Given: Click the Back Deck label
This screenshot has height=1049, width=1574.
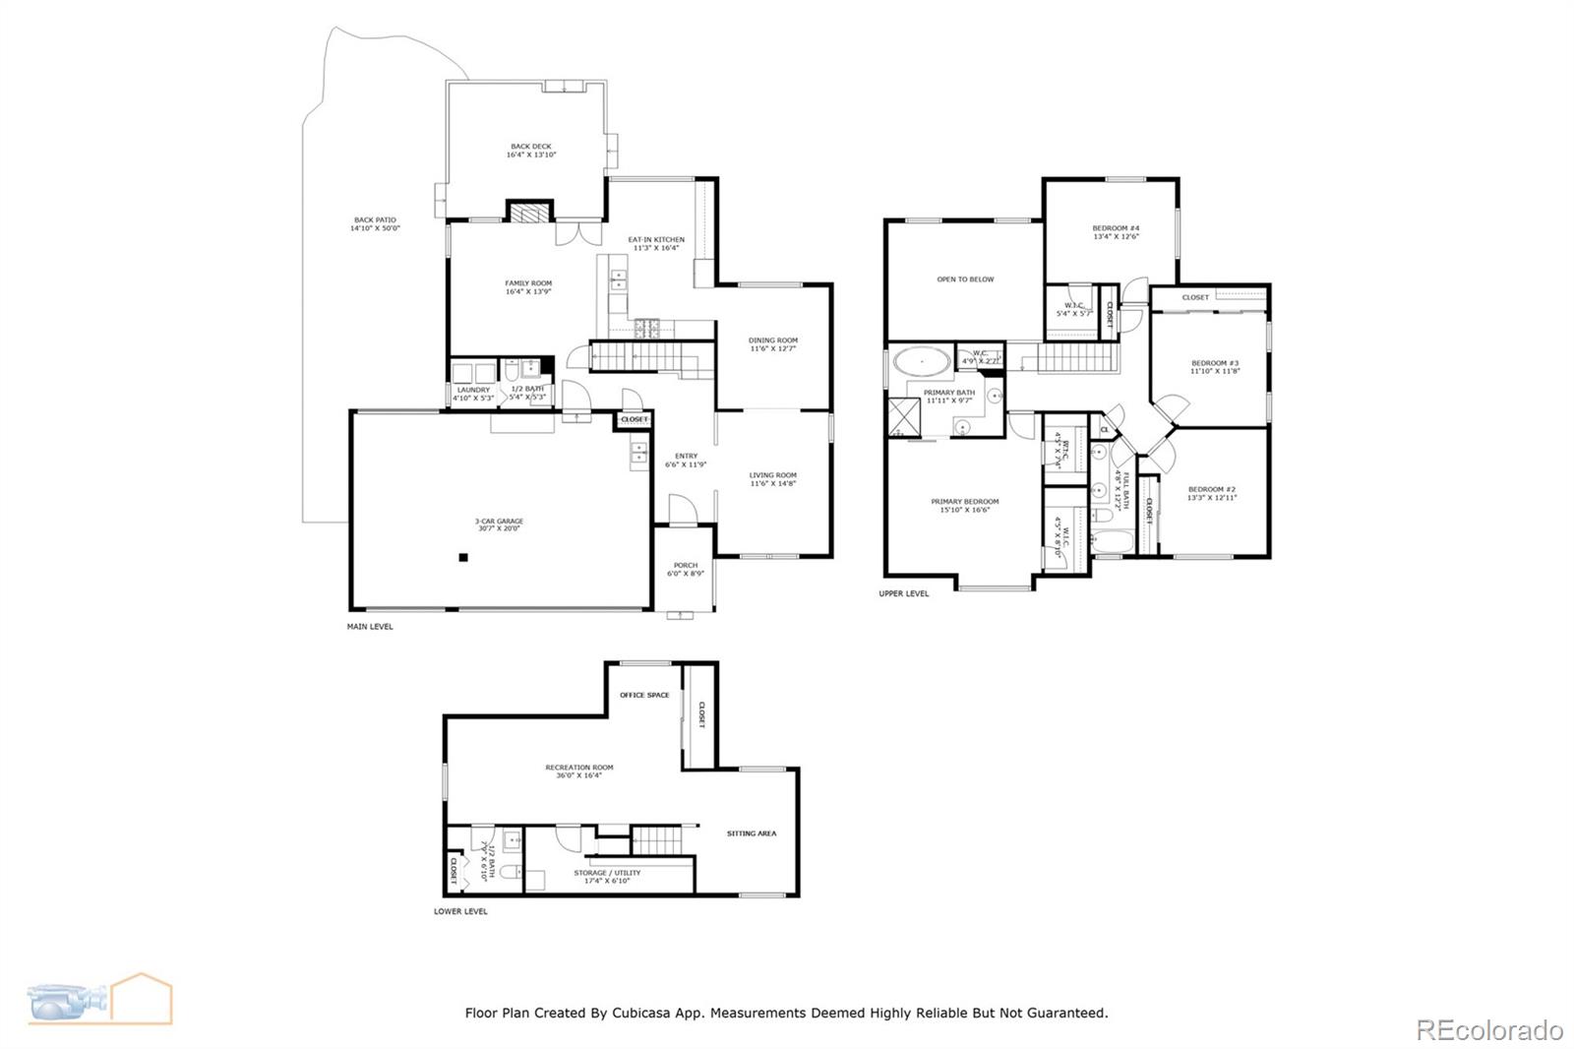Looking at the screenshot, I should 531,147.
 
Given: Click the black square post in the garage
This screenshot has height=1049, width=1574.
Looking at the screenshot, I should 462,558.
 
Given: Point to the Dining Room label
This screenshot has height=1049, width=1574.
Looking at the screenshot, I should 773,340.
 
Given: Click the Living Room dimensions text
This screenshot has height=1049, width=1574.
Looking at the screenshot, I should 773,483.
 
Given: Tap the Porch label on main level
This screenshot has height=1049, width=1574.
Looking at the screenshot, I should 686,566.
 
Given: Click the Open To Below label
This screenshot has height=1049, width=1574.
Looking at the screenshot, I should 965,279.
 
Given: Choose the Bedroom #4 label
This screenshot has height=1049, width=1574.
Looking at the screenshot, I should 1116,228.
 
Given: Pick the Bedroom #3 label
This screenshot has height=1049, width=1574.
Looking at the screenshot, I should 1215,363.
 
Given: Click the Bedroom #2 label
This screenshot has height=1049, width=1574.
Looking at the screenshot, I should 1212,490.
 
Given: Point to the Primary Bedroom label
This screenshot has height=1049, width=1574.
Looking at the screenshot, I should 964,502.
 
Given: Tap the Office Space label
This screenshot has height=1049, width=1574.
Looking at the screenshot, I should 644,696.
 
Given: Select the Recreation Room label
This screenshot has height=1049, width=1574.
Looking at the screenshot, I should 579,768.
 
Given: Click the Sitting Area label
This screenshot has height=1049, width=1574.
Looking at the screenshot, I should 752,833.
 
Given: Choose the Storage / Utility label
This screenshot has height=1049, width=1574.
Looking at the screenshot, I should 607,873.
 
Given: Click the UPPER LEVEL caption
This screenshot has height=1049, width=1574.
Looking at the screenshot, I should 903,593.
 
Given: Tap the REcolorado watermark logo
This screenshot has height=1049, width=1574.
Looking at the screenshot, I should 1488,1030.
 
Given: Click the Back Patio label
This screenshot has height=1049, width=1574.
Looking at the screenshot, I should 375,220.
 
